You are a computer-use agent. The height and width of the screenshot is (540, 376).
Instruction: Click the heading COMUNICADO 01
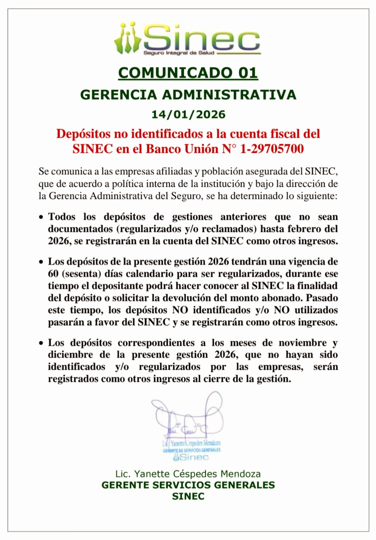[188, 73]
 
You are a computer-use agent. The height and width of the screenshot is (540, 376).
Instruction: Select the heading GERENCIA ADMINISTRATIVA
[188, 95]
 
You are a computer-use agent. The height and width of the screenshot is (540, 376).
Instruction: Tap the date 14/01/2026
[188, 114]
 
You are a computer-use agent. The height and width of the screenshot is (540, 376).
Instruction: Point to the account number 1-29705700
[272, 149]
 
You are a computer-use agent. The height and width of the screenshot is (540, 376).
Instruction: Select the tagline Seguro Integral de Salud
[179, 53]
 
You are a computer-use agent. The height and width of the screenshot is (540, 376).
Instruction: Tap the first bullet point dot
[41, 217]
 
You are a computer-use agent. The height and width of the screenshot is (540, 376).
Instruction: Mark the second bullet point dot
[41, 262]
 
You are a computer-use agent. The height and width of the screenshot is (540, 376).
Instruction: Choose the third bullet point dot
[41, 343]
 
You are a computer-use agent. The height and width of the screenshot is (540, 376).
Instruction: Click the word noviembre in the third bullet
[303, 343]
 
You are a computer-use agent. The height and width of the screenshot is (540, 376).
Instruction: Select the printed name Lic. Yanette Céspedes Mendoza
[188, 474]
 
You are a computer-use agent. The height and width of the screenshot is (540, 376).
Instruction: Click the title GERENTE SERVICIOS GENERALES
[188, 485]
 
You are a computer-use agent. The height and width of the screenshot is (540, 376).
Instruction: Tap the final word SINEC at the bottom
[188, 496]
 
